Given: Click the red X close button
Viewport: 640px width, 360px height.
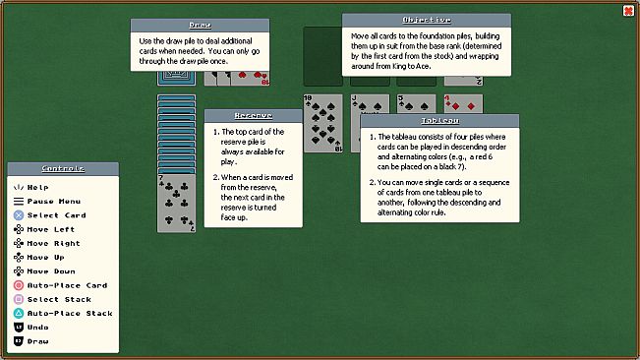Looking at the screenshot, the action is pos(628,11).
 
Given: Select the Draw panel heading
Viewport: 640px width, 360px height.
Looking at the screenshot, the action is pos(200,26).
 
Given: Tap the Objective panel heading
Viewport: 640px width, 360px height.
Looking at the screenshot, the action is pos(427,20).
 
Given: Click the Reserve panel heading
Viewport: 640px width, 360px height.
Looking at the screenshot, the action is pos(254,116).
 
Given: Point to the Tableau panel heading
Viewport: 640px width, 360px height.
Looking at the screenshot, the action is pos(440,121).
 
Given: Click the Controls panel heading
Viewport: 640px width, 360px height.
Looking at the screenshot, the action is pos(63,168).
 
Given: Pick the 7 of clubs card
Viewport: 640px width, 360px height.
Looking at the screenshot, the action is pos(176,204).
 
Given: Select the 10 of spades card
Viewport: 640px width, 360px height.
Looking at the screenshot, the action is pos(322,124).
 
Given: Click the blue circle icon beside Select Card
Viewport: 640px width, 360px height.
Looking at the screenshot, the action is pos(19,215).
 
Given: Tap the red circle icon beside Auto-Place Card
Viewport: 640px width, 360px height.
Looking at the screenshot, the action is pos(19,285).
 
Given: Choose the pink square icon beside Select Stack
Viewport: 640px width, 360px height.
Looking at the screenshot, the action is pos(19,299).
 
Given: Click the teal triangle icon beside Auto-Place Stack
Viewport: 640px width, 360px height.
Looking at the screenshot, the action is pos(19,313).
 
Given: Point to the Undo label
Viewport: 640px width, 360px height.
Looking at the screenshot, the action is pos(38,328).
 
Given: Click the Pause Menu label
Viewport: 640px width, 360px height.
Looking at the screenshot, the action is pos(54,202).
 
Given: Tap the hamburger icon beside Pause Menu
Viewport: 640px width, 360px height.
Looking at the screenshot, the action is pos(19,202).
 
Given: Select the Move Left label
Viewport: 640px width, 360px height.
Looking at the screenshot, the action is pos(51,229).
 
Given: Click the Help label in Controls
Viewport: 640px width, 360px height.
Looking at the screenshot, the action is pos(38,187).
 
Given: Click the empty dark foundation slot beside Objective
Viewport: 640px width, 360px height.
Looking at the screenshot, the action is pos(322,56).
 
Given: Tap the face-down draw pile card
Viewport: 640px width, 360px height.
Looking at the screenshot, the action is pos(176,79).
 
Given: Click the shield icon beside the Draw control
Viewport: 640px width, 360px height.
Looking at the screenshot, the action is pos(19,341).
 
